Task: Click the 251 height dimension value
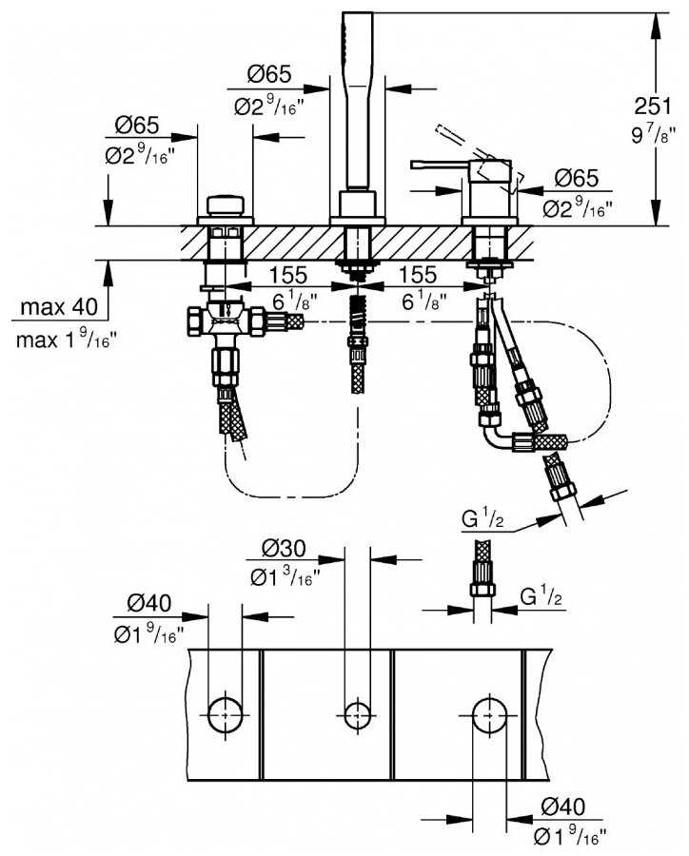tap(653, 106)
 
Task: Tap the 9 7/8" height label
tap(653, 134)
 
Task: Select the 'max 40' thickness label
tap(59, 307)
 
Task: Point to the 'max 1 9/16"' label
tap(66, 340)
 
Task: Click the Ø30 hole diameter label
tap(284, 548)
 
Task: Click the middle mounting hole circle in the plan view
tap(357, 713)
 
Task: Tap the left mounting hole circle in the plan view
tap(226, 713)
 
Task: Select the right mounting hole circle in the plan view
tap(489, 713)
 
